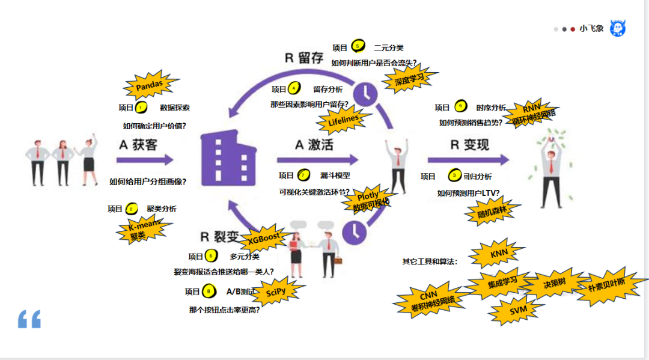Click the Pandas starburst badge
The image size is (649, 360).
pyautogui.click(x=149, y=87)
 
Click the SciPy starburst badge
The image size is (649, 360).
pyautogui.click(x=277, y=291)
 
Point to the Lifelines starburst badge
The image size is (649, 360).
pyautogui.click(x=343, y=120)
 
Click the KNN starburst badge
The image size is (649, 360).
pyautogui.click(x=499, y=254)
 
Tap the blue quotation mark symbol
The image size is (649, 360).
pyautogui.click(x=29, y=319)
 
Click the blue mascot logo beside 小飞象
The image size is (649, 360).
pyautogui.click(x=617, y=28)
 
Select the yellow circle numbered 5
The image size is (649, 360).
pyautogui.click(x=358, y=46)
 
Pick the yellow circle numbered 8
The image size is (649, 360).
pyautogui.click(x=209, y=291)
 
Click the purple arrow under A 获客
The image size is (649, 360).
pyautogui.click(x=145, y=160)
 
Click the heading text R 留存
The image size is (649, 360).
pyautogui.click(x=303, y=58)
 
